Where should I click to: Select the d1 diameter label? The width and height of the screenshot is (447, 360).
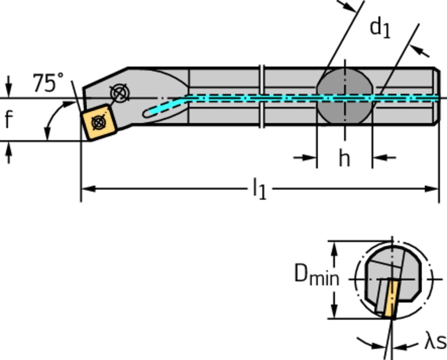pyautogui.click(x=380, y=28)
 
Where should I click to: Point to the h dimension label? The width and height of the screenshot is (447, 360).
pyautogui.click(x=344, y=158)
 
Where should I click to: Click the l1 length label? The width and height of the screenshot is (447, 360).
pyautogui.click(x=260, y=190)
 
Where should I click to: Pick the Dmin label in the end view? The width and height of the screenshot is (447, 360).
pyautogui.click(x=316, y=275)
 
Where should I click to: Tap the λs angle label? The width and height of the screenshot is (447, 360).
pyautogui.click(x=435, y=341)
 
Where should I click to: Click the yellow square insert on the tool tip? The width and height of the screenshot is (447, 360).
pyautogui.click(x=98, y=121)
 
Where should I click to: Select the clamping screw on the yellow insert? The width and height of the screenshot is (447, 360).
pyautogui.click(x=99, y=122)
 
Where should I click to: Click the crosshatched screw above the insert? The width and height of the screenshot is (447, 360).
pyautogui.click(x=119, y=93)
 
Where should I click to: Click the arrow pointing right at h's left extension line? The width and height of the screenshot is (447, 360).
pyautogui.click(x=310, y=158)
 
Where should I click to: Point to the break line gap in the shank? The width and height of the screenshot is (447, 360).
pyautogui.click(x=262, y=96)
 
